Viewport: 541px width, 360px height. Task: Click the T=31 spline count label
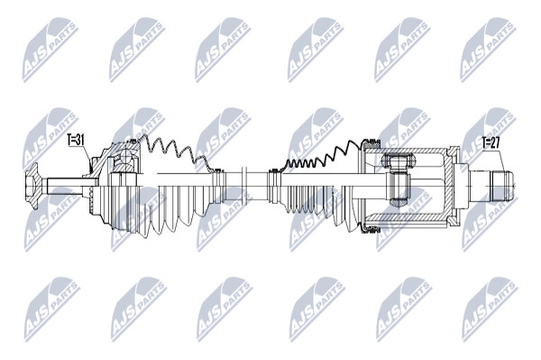[x=76, y=140]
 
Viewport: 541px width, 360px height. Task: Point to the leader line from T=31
[x=87, y=160]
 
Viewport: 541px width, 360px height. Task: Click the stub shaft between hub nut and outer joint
[x=66, y=186]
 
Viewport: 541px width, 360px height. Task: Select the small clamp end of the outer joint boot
[x=217, y=186]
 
